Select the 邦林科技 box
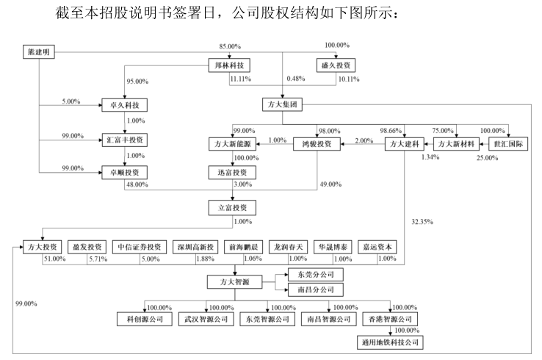(x=231, y=65)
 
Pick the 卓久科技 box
(x=123, y=105)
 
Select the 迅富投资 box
(x=234, y=173)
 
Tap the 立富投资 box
(x=234, y=208)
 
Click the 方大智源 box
(x=234, y=281)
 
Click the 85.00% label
(x=231, y=46)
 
